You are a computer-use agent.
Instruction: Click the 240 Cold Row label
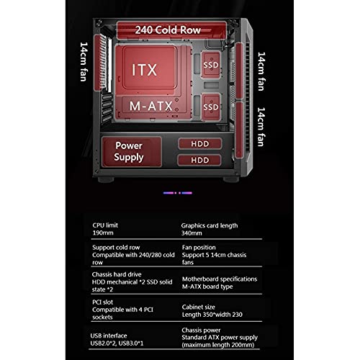click(168, 30)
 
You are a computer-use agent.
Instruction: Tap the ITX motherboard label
click(145, 70)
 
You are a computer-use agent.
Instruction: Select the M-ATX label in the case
click(151, 106)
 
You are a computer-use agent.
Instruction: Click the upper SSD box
click(211, 65)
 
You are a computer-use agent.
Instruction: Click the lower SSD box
click(211, 107)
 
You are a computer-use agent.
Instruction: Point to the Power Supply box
click(132, 152)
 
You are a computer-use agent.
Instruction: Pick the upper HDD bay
click(200, 144)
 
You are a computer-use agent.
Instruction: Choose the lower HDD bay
click(199, 160)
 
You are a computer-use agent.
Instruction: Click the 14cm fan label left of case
click(84, 62)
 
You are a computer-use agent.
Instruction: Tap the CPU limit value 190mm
click(103, 233)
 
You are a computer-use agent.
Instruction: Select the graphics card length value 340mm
click(192, 233)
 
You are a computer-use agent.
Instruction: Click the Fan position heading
click(199, 248)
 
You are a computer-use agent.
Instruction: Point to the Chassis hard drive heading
click(117, 274)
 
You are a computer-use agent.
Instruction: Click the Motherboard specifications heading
click(220, 279)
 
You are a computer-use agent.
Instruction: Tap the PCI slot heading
click(102, 302)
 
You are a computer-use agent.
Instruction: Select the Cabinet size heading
click(199, 307)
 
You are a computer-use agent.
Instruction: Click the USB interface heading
click(109, 336)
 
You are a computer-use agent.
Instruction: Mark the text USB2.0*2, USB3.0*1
click(117, 343)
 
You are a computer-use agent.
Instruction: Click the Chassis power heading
click(201, 330)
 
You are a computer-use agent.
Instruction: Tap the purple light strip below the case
click(178, 193)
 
